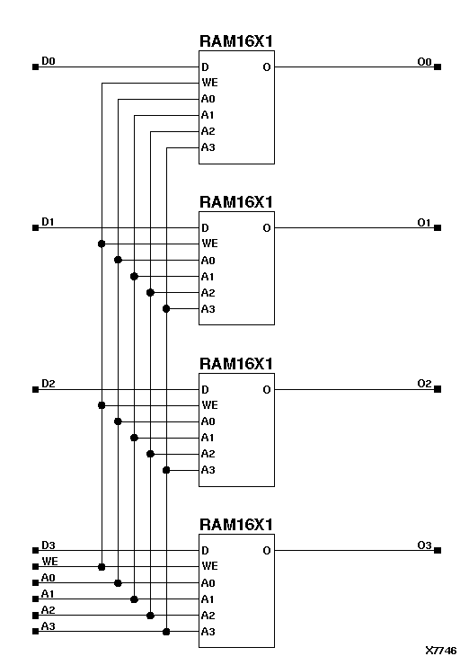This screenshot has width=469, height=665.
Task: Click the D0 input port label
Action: pyautogui.click(x=49, y=61)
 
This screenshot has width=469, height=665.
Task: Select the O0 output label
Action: pyautogui.click(x=425, y=61)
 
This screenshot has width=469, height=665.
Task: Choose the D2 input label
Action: pyautogui.click(x=49, y=384)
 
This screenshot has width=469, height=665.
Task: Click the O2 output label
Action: pyautogui.click(x=425, y=384)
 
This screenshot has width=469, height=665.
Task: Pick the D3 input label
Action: pyautogui.click(x=49, y=545)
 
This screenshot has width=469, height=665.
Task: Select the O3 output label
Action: pyautogui.click(x=425, y=545)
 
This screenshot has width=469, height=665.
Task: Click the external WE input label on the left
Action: pyautogui.click(x=49, y=561)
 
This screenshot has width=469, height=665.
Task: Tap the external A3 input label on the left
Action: pyautogui.click(x=49, y=625)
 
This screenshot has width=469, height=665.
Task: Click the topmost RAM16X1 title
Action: pyautogui.click(x=236, y=41)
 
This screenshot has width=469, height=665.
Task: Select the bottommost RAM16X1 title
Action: pyautogui.click(x=236, y=524)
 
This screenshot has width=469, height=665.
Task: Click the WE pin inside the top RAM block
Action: pyautogui.click(x=209, y=83)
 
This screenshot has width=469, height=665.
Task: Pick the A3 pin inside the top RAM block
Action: pyautogui.click(x=208, y=147)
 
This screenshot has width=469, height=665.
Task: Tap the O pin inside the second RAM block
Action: pyautogui.click(x=267, y=228)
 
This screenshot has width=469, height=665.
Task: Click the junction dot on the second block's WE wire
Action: pyautogui.click(x=102, y=244)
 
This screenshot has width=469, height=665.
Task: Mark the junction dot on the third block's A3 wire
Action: pyautogui.click(x=166, y=470)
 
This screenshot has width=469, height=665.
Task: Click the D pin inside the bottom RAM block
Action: pyautogui.click(x=206, y=551)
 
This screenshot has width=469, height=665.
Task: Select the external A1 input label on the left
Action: pyautogui.click(x=49, y=593)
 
